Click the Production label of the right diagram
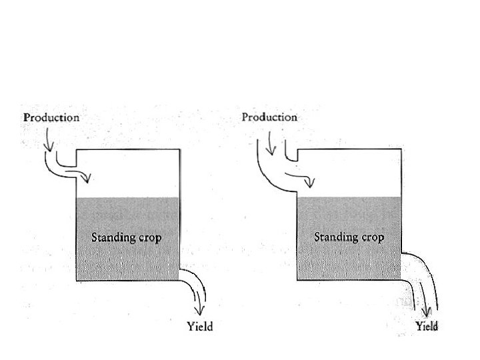269,117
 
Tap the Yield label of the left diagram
200,327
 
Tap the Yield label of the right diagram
427,327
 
